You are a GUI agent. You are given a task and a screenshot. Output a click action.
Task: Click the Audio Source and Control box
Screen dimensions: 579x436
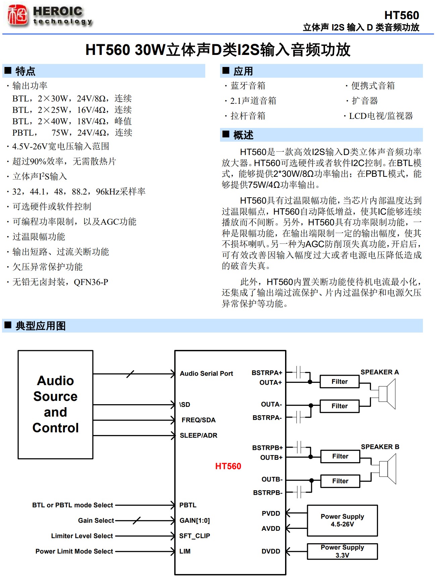55,405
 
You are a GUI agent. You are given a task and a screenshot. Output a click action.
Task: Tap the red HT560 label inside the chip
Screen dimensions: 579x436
228,466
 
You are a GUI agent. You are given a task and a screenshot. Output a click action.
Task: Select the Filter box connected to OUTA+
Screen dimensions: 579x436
339,381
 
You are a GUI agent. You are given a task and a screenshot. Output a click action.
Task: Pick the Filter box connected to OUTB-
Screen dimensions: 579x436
340,481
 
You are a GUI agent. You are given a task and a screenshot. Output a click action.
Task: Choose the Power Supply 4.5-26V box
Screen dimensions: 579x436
342,520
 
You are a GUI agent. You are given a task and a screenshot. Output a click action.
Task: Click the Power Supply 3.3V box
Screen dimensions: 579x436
342,551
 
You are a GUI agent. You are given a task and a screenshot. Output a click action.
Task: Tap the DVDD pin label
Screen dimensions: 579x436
271,551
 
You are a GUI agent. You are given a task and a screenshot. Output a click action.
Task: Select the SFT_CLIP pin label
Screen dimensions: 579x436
195,536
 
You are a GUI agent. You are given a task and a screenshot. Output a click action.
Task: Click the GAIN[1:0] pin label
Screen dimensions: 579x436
195,520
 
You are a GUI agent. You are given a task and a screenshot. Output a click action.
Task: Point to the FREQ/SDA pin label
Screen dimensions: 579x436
199,420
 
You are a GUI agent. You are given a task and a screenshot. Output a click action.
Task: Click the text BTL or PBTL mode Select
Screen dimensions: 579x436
72,505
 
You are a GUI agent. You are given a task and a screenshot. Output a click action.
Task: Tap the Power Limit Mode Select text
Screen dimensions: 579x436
74,551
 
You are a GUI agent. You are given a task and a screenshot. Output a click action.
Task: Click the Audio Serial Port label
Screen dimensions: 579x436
206,373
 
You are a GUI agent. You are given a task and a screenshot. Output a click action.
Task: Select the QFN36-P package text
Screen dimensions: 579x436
91,282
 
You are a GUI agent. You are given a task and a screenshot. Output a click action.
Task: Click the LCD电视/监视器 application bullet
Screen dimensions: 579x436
381,116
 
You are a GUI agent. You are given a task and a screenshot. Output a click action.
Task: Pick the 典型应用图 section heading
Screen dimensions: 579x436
40,325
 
